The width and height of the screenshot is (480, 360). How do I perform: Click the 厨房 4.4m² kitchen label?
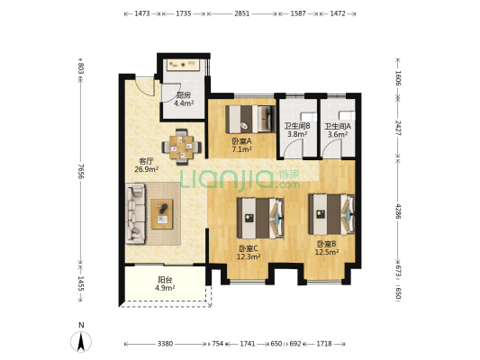pos(184,99)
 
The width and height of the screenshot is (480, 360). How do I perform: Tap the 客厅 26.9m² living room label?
pos(146,166)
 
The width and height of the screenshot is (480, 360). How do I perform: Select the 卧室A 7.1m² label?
pos(241,145)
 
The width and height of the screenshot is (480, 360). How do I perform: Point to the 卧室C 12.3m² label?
pos(249,253)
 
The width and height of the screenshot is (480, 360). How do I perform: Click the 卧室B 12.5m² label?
pos(327,248)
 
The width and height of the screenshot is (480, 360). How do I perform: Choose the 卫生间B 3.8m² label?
pos(297,130)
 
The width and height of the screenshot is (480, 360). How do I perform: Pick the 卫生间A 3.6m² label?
pos(338,130)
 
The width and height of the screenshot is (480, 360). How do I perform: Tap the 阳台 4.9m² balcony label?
pos(165,283)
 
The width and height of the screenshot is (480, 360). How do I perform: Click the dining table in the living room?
pos(182,147)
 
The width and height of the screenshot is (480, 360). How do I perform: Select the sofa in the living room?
pos(135,213)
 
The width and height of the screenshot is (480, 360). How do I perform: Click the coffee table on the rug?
pos(162,214)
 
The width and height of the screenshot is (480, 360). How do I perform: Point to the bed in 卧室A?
pos(249,119)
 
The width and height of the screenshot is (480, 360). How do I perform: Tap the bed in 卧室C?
pos(260,218)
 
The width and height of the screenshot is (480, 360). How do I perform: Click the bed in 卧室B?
pos(331,214)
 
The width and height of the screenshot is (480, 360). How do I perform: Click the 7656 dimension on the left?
pos(80,171)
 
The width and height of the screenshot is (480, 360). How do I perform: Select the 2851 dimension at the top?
pos(242,13)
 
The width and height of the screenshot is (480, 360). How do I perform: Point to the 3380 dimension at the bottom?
pos(166,344)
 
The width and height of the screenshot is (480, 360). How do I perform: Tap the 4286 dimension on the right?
pos(398,211)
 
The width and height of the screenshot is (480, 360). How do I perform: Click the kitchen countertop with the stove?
pos(184,65)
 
